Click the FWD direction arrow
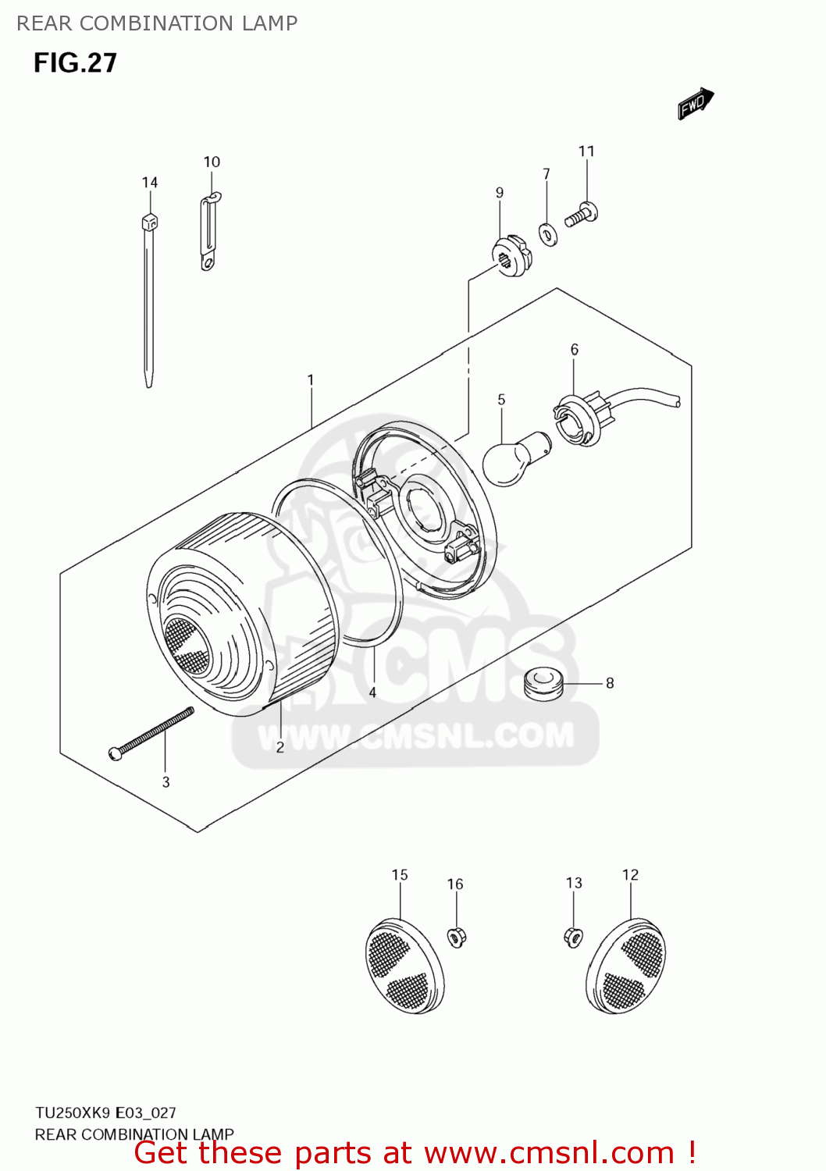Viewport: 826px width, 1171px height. tap(696, 104)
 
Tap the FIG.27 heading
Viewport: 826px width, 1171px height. tap(75, 63)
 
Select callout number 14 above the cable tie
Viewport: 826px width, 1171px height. tap(150, 183)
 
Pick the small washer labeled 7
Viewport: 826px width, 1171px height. tap(548, 234)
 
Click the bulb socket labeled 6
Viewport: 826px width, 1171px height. tap(579, 421)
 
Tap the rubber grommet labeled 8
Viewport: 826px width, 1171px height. tap(543, 683)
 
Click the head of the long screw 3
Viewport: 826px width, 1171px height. tap(116, 753)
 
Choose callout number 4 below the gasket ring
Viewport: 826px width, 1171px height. tap(372, 692)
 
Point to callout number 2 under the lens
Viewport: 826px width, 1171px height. tap(280, 747)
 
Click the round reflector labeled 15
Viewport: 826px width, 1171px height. tap(404, 966)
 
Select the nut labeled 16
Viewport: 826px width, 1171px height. tap(457, 936)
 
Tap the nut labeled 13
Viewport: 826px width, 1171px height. tap(573, 935)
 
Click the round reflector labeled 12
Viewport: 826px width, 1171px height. tap(625, 966)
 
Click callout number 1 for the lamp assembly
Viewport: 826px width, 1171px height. tap(310, 380)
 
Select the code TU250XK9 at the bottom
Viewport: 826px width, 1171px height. tap(73, 1112)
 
